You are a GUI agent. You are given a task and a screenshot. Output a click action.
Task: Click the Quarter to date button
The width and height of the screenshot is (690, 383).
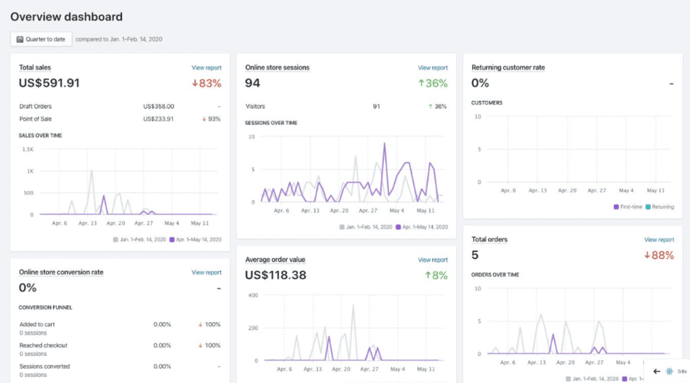click(x=41, y=39)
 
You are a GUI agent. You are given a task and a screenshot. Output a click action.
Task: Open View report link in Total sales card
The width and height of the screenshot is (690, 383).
click(x=206, y=68)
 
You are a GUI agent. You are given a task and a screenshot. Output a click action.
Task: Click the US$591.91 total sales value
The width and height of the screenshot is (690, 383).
click(x=49, y=83)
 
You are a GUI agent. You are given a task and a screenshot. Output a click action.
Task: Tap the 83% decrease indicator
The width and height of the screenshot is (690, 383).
click(x=206, y=83)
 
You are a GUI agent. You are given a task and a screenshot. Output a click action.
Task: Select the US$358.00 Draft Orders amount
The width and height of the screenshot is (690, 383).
click(x=158, y=107)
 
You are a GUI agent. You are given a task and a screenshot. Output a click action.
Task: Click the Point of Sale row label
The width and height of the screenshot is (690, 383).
click(x=36, y=119)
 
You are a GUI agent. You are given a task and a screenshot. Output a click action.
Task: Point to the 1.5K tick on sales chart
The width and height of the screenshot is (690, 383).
click(x=27, y=149)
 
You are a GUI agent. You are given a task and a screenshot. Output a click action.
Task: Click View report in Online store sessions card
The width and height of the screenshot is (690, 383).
click(x=433, y=68)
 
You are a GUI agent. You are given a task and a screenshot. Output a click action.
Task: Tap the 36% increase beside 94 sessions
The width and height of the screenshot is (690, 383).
click(x=433, y=83)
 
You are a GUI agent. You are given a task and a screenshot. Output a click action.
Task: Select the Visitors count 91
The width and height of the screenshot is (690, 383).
click(x=376, y=107)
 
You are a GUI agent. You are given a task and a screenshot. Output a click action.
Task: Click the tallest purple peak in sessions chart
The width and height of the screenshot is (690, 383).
click(x=385, y=144)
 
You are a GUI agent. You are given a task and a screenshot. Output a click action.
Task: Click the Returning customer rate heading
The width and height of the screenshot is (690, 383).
click(x=508, y=67)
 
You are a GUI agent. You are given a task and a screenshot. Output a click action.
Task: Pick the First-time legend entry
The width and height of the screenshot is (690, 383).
click(x=628, y=207)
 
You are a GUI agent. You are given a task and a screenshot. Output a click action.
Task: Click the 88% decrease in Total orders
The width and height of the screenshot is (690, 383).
click(x=659, y=255)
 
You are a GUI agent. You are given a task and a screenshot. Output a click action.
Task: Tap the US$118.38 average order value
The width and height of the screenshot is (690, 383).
click(x=275, y=275)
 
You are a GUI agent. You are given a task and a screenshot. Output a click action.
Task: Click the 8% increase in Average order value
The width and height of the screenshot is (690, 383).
click(x=436, y=275)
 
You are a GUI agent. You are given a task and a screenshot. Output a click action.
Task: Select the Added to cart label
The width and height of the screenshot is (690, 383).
click(x=37, y=324)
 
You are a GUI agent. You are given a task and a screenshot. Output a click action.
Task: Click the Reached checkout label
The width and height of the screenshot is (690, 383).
click(x=43, y=345)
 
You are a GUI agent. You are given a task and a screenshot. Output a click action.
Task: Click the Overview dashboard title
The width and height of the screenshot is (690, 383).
click(x=66, y=17)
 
